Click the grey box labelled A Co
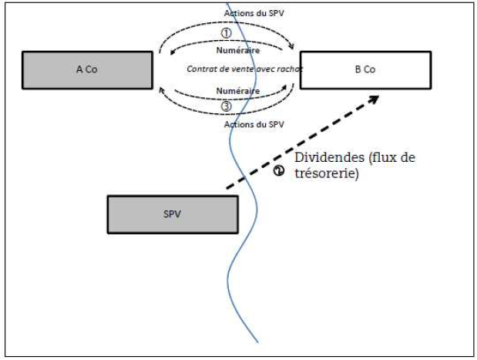[87, 69]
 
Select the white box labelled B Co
[364, 69]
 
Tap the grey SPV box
[172, 214]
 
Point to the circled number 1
[226, 33]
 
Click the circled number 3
[226, 106]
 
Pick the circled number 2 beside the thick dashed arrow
[279, 172]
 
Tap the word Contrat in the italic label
[202, 69]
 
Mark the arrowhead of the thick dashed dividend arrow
[375, 97]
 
